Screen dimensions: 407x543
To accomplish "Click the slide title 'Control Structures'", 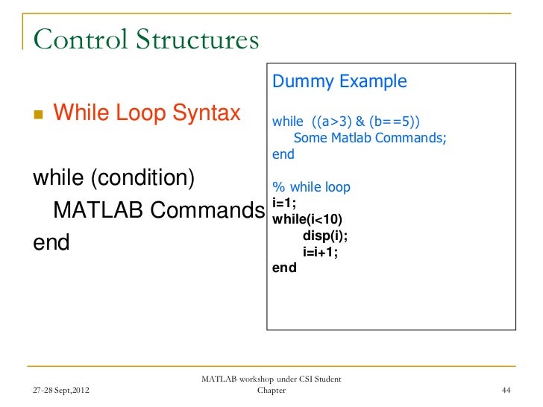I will [x=145, y=39].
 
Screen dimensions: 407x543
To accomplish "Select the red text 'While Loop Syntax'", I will [x=148, y=113].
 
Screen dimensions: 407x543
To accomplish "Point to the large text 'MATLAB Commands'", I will [x=158, y=212].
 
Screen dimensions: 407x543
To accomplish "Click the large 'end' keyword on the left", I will [x=51, y=243].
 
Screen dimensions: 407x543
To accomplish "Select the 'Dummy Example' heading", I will [x=339, y=81].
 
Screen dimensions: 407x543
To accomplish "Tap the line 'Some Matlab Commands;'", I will [x=370, y=138].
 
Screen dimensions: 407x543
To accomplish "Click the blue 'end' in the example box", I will [x=283, y=154].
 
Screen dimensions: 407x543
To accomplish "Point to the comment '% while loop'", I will [x=311, y=187].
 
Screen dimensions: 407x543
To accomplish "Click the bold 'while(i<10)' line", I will [x=307, y=219].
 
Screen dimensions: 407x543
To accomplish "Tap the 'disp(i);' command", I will [x=324, y=236].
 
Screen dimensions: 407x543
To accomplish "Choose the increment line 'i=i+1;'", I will [x=320, y=252].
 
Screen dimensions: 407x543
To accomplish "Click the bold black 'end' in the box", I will [x=284, y=268].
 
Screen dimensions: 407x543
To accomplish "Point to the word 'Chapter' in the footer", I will [x=270, y=391].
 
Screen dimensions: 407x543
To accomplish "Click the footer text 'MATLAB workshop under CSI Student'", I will [x=271, y=379].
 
